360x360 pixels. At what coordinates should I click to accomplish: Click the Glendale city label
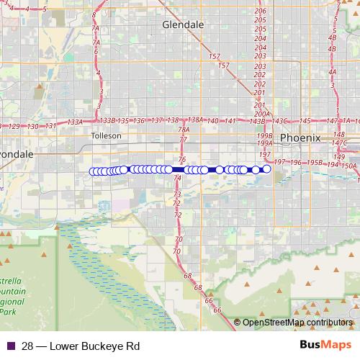pos(184,24)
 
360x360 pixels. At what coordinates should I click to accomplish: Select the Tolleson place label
pos(107,135)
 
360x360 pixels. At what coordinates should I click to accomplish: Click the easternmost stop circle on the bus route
pos(266,168)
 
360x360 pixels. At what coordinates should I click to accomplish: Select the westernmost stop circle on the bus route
pos(92,171)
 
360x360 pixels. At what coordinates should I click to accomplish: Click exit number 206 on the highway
pos(260,11)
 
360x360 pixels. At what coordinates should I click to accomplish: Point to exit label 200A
pos(261,114)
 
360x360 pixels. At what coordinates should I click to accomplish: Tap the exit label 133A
pos(75,122)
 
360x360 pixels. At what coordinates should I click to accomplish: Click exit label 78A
pos(184,130)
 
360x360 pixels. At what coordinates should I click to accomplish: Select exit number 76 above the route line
pos(181,159)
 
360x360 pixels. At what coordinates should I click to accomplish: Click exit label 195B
pos(313,163)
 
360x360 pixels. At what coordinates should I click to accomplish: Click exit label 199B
pos(264,135)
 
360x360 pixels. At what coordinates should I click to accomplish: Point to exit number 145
pos(305,121)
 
